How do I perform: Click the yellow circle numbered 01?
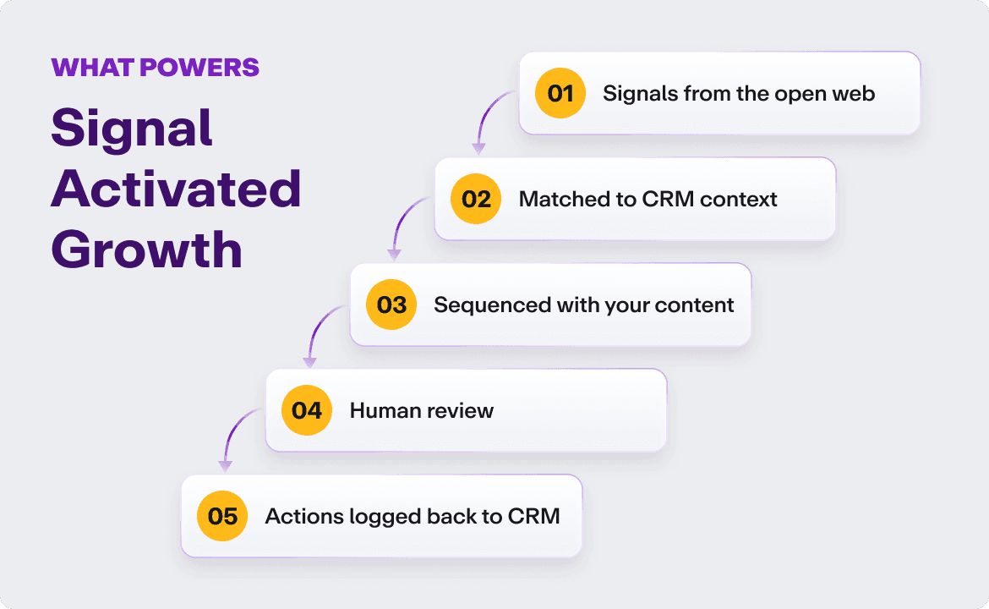[x=560, y=93]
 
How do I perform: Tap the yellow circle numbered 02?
[x=476, y=199]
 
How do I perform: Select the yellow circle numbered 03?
[x=391, y=304]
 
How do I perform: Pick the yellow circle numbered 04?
[x=307, y=410]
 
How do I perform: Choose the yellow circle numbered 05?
[x=222, y=516]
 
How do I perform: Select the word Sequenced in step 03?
[x=480, y=304]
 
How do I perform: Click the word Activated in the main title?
[x=176, y=189]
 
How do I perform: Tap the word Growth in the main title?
[x=146, y=250]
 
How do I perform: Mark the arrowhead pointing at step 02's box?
[x=478, y=149]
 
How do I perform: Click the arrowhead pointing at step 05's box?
[x=225, y=465]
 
